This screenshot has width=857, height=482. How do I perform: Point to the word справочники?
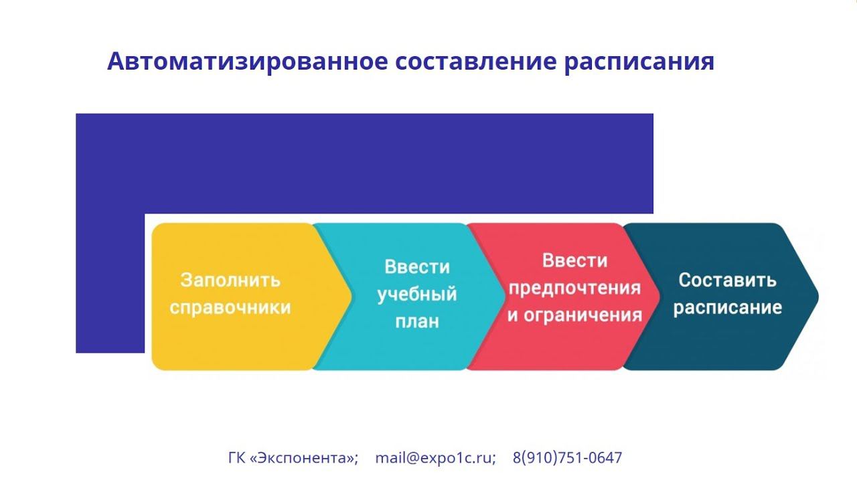230,307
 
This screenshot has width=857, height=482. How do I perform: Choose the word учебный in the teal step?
416,294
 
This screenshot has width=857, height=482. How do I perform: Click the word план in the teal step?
416,321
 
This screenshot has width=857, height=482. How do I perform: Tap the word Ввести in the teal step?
416,267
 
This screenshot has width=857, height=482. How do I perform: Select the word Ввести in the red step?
574,260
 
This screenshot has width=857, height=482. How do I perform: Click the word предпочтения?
574,288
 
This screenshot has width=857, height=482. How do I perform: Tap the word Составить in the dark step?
727,280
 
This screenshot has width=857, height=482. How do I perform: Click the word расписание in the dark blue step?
727,307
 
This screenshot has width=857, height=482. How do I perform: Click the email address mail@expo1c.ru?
435,458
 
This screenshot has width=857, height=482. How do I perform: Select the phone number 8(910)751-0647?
567,458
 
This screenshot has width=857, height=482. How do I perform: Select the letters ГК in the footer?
237,458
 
